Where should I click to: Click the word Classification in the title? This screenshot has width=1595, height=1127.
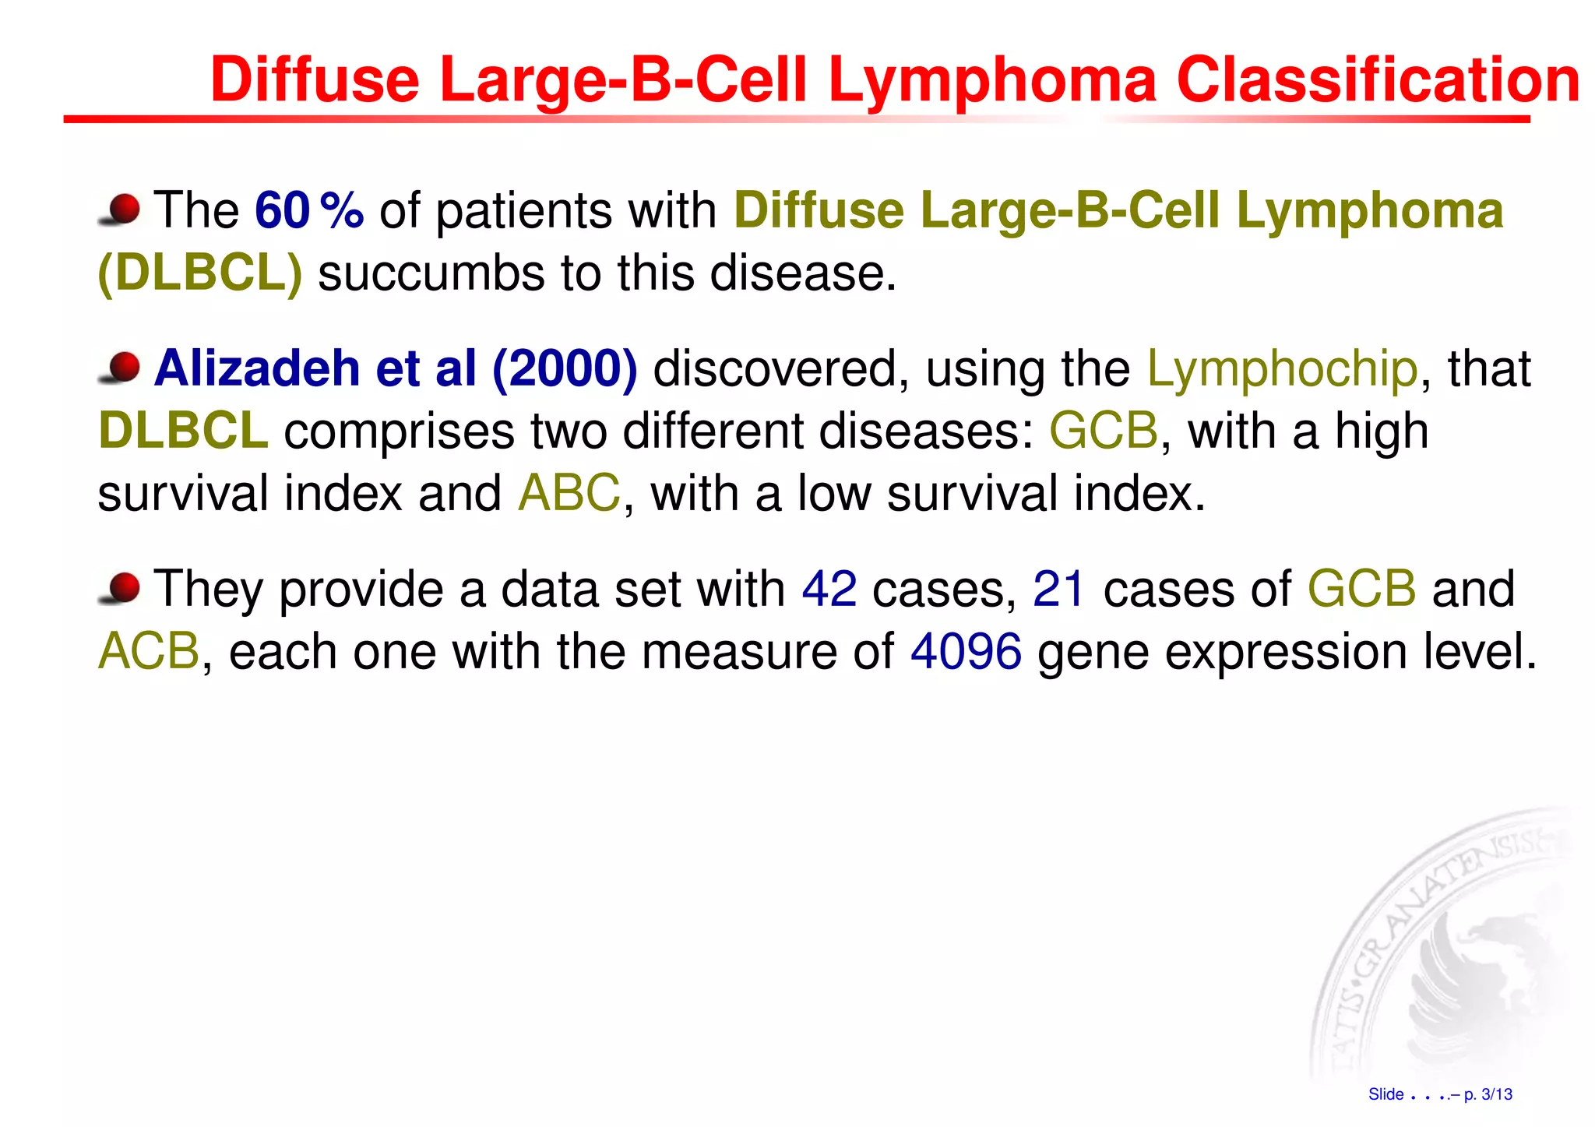coord(1377,80)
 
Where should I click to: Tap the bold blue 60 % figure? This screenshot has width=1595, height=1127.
coord(309,210)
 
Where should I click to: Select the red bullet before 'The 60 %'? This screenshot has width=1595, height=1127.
coord(121,210)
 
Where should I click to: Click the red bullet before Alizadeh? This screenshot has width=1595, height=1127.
coord(121,367)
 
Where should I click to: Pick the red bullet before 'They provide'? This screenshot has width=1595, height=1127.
coord(121,588)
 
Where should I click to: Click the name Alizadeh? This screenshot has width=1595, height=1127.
coord(257,368)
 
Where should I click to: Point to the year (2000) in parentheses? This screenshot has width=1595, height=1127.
coord(565,368)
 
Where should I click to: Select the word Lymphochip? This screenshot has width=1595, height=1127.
coord(1282,368)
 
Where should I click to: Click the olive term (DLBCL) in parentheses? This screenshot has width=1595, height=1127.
coord(200,274)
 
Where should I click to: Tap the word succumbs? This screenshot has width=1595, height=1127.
coord(431,274)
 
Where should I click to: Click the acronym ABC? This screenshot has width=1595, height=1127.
coord(569,494)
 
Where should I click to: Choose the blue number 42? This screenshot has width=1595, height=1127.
coord(829,590)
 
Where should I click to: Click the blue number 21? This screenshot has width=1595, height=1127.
coord(1058,590)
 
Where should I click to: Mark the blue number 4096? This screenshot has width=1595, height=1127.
coord(966,652)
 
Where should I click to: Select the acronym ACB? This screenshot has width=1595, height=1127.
coord(149,652)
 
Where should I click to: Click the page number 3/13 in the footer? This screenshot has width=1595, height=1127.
coord(1496,1094)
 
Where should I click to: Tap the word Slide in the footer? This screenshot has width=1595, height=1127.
coord(1386,1094)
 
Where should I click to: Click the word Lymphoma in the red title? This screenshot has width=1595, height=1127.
coord(992,80)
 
